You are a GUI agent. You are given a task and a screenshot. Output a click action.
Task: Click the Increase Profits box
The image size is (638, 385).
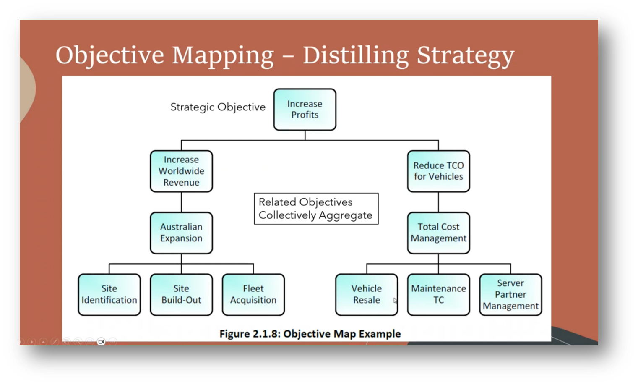pos(305,110)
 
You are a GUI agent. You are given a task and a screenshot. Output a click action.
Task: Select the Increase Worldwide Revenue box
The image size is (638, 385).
pos(181,171)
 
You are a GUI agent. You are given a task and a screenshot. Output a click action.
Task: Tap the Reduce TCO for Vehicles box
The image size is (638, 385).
pos(438,171)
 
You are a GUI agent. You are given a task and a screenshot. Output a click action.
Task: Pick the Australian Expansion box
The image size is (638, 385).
pos(181,233)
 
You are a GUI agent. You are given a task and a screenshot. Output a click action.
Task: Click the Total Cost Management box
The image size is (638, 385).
pos(438,233)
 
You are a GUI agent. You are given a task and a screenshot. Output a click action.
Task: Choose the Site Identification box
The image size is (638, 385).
pos(109,295)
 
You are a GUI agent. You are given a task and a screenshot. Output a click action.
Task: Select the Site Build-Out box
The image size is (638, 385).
pos(181,295)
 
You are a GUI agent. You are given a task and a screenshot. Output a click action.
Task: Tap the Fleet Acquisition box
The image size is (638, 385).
pos(253,295)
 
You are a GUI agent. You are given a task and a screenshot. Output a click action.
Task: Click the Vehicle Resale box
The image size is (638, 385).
pos(366,295)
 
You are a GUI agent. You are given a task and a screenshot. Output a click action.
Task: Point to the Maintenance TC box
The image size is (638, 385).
pos(438,295)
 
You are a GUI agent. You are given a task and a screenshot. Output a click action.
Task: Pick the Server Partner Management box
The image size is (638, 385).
pos(510,295)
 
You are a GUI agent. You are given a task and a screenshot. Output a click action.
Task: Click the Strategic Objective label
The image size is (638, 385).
pos(218,107)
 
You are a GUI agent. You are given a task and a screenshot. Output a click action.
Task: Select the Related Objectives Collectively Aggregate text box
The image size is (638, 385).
pos(316,209)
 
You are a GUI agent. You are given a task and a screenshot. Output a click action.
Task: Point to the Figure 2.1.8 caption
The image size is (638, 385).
pos(310,334)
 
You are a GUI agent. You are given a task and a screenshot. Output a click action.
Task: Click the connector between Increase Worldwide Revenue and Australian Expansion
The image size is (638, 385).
pos(181,202)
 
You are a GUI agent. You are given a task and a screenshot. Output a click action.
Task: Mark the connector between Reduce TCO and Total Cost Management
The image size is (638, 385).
pos(438,202)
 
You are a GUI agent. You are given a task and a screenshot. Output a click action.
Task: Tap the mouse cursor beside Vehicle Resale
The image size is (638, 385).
pos(395,300)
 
